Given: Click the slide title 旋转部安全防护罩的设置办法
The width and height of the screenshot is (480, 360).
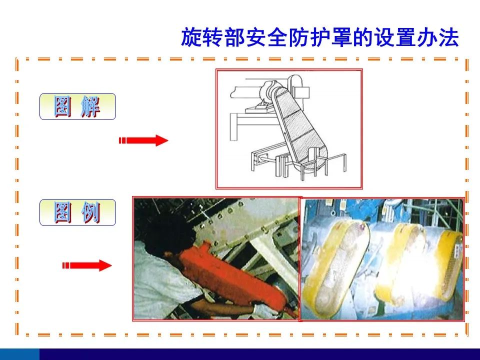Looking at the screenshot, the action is (x=320, y=37).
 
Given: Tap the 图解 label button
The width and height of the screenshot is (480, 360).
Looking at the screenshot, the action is (x=78, y=106).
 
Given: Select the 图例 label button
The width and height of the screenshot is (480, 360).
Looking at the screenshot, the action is (x=78, y=212).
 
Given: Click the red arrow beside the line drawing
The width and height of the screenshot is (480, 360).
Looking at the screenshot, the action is (x=143, y=140).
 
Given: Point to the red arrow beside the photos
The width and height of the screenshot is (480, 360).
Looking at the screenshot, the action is (x=87, y=265).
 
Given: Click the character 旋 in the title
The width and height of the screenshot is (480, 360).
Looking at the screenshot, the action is (x=191, y=37).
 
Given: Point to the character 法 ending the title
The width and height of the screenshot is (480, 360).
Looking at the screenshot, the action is (x=448, y=37).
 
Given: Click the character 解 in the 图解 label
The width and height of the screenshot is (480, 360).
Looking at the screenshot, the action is (x=90, y=106).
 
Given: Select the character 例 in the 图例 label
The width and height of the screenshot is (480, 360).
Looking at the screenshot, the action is (x=90, y=212).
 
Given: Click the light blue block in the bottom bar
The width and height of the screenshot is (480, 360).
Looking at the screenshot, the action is (x=19, y=354).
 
